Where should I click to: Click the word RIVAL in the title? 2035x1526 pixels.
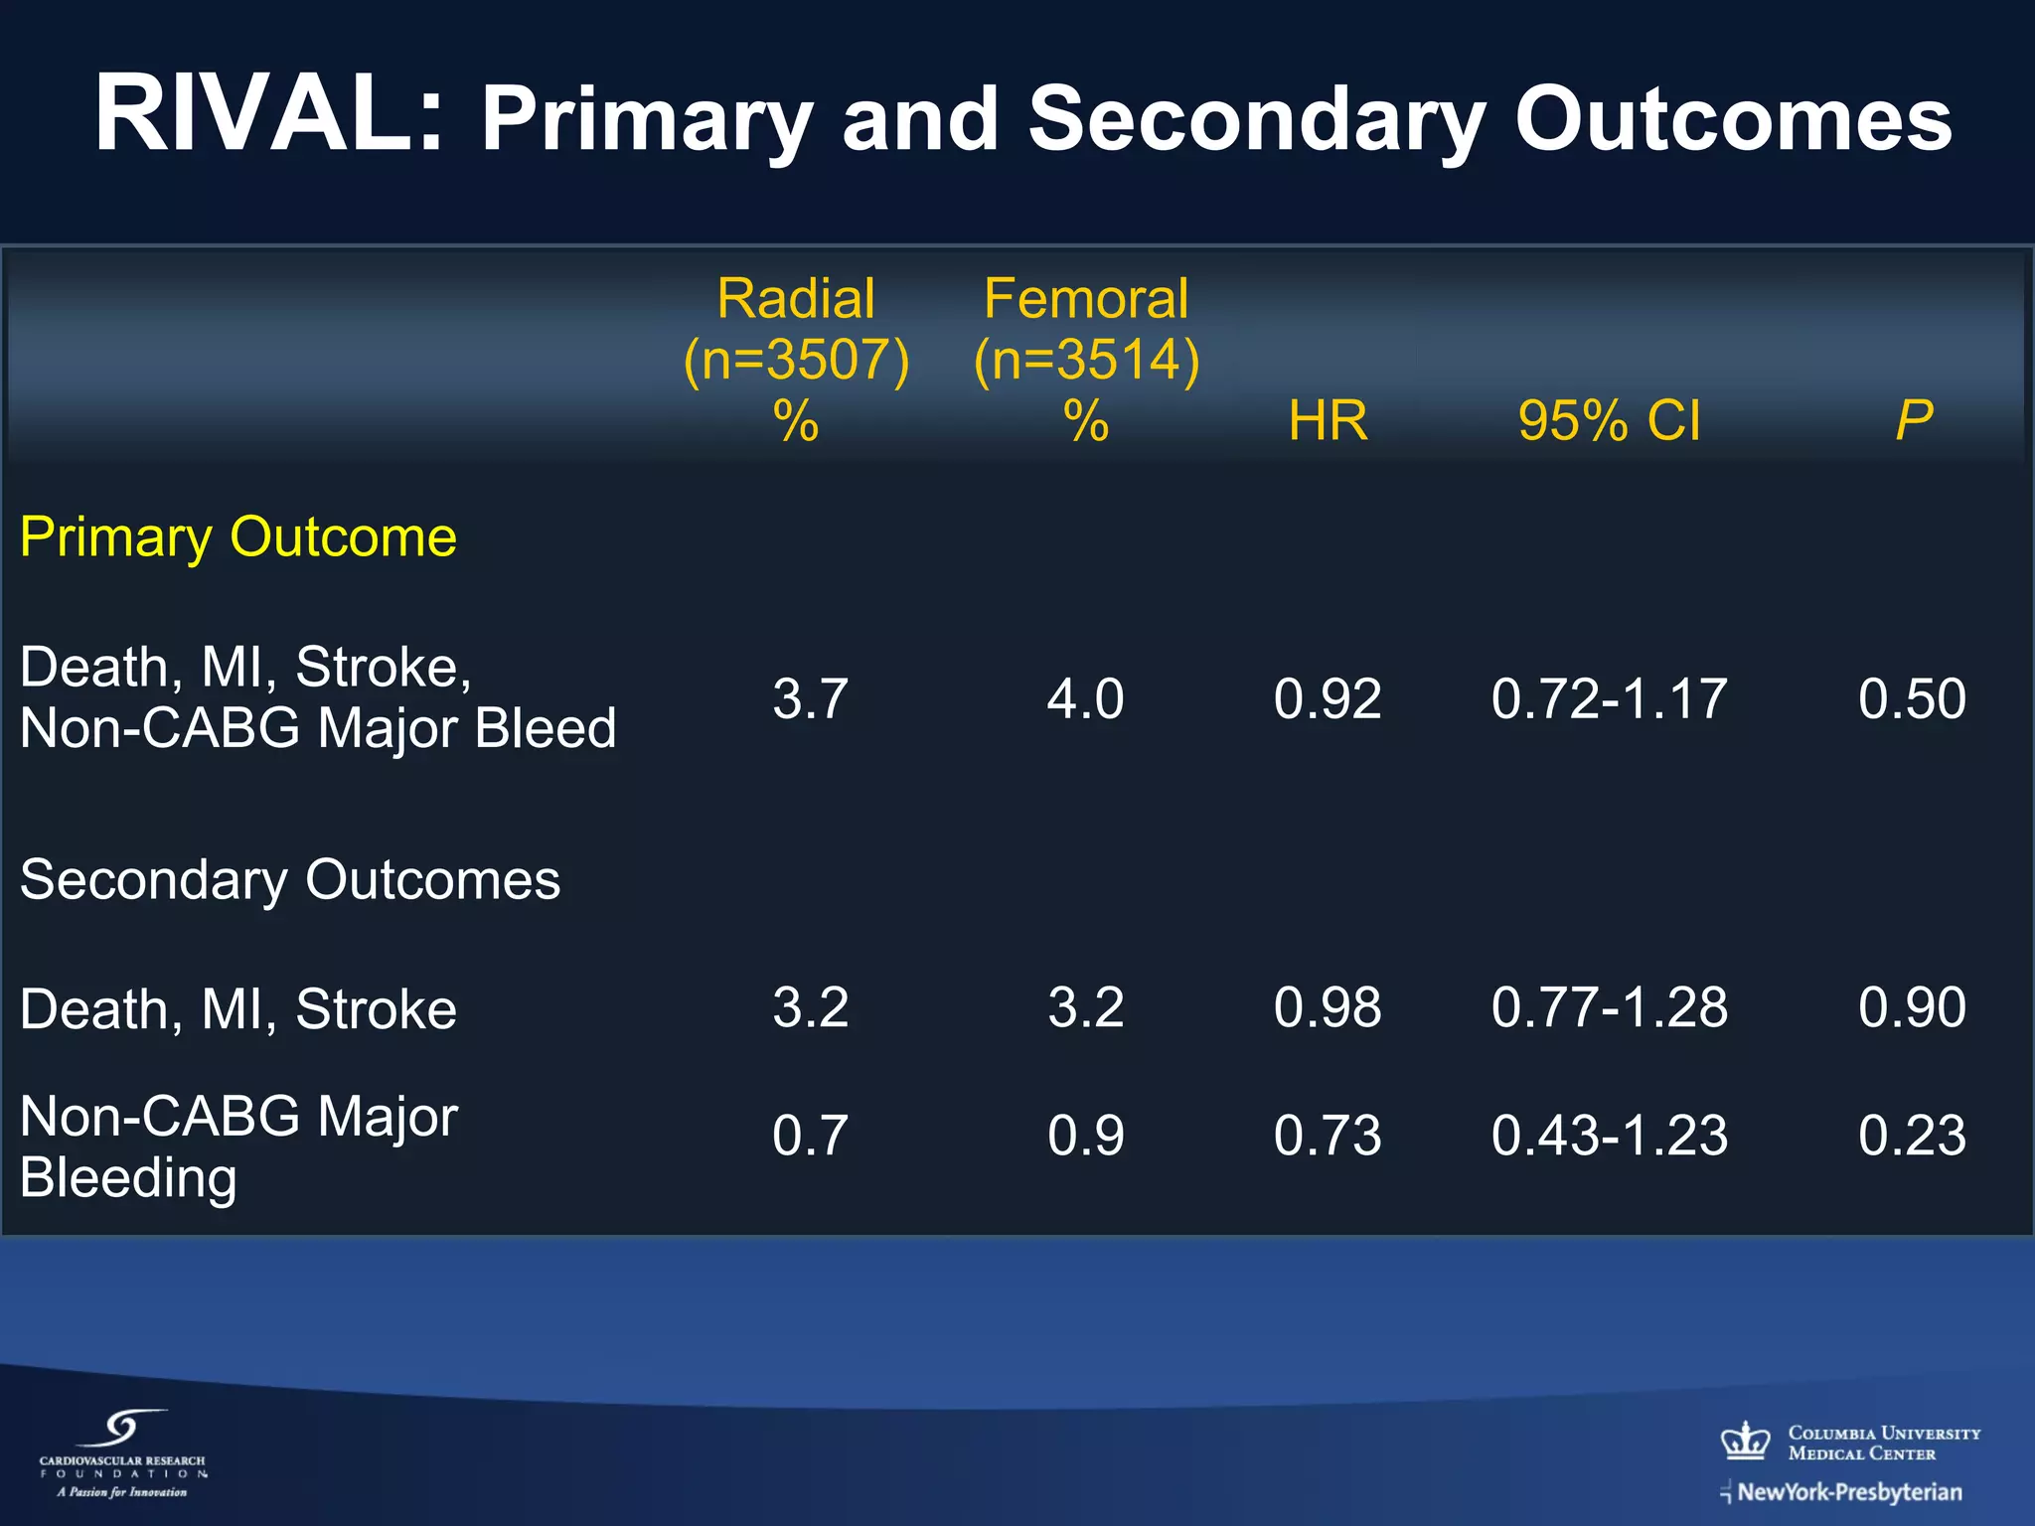pyautogui.click(x=266, y=113)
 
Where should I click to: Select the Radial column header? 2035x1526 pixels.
pyautogui.click(x=796, y=298)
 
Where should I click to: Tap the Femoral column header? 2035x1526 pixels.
pyautogui.click(x=1086, y=298)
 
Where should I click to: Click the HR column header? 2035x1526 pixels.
pyautogui.click(x=1328, y=420)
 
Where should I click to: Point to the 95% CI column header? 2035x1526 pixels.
pyautogui.click(x=1609, y=420)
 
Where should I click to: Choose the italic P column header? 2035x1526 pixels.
pyautogui.click(x=1914, y=420)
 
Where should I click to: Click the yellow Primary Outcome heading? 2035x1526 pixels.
pyautogui.click(x=238, y=537)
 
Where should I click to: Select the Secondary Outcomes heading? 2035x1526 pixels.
pyautogui.click(x=290, y=880)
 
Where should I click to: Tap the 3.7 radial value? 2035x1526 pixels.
pyautogui.click(x=810, y=698)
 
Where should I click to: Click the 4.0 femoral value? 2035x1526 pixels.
pyautogui.click(x=1085, y=698)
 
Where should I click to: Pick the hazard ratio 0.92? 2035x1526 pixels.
pyautogui.click(x=1328, y=698)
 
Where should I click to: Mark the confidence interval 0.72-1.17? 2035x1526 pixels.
pyautogui.click(x=1609, y=698)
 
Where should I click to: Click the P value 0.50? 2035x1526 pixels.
pyautogui.click(x=1912, y=698)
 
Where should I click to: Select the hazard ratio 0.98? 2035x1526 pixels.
pyautogui.click(x=1328, y=1007)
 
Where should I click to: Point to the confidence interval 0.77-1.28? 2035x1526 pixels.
pyautogui.click(x=1609, y=1007)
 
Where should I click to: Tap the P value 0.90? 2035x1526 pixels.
pyautogui.click(x=1912, y=1007)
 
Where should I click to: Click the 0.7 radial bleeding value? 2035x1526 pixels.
pyautogui.click(x=810, y=1136)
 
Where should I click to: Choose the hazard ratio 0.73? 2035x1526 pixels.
pyautogui.click(x=1328, y=1136)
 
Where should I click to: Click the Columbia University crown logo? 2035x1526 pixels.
pyautogui.click(x=1745, y=1441)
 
